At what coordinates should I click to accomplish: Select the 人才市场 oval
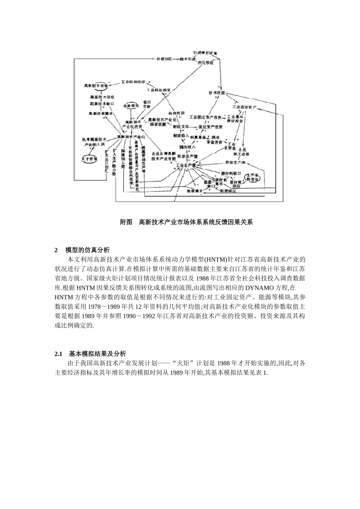coord(89,159)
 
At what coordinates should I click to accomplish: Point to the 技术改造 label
coord(216,93)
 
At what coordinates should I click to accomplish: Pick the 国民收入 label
coord(187,147)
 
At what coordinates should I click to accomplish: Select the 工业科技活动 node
coord(133,82)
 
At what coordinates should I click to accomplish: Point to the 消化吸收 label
coord(205,63)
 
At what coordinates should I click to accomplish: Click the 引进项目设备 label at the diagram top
coord(205,53)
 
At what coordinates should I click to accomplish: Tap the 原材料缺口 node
coord(231,173)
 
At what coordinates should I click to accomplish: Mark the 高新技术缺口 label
coord(102,104)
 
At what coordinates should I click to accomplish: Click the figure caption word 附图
coord(126,222)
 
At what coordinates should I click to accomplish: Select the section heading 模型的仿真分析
coord(87,250)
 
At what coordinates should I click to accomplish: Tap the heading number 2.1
coord(58,354)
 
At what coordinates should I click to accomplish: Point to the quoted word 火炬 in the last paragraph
coord(187,364)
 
